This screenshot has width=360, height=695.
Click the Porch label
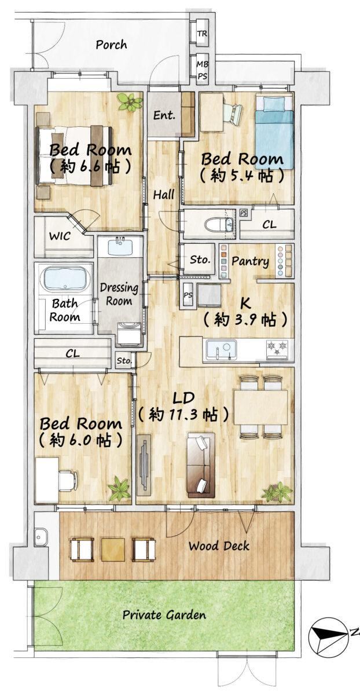tap(111, 45)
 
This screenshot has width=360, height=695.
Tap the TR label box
tap(203, 33)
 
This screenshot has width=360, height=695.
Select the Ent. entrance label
tap(164, 116)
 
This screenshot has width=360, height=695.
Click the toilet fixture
tap(219, 224)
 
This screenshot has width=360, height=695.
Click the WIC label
tap(60, 236)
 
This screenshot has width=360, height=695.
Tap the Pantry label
tap(250, 261)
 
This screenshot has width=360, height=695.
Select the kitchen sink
tap(222, 350)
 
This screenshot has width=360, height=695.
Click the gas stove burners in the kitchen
tap(277, 349)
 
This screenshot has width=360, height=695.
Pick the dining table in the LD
tap(261, 407)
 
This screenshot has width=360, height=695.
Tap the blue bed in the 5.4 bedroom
tap(274, 132)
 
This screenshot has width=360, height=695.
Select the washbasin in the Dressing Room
tap(120, 247)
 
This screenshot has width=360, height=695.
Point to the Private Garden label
tap(164, 615)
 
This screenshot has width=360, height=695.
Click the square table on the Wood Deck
tap(113, 550)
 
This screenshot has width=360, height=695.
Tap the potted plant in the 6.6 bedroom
tap(130, 102)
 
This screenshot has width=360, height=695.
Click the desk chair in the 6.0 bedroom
tap(68, 480)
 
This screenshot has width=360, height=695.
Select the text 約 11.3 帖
tap(183, 415)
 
